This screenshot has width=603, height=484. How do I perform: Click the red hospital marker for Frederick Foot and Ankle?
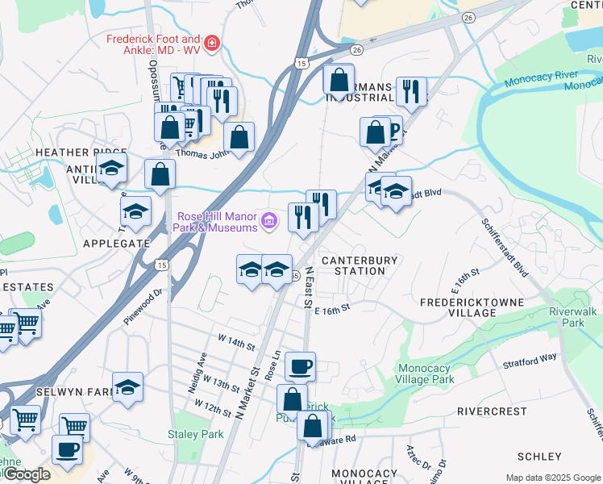[x=212, y=44]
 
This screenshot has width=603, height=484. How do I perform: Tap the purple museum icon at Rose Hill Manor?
[x=268, y=219]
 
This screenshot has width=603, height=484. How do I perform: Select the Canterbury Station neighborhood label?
[x=360, y=265]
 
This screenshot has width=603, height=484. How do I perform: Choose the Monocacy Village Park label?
[x=426, y=373]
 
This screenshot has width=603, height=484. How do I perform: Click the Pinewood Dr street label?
[x=143, y=307]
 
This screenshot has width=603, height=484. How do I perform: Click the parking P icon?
[x=393, y=128]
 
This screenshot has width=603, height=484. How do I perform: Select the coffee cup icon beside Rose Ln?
[x=301, y=366]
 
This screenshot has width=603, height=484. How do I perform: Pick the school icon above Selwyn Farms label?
[x=127, y=387]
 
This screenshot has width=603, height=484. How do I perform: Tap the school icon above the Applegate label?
[x=135, y=211]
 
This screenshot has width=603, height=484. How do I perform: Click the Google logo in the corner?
[x=26, y=475]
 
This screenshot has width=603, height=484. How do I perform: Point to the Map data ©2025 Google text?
[x=552, y=478]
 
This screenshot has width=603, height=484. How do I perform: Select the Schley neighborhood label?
[x=539, y=457]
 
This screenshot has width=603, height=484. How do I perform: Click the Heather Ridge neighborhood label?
[x=80, y=152]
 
